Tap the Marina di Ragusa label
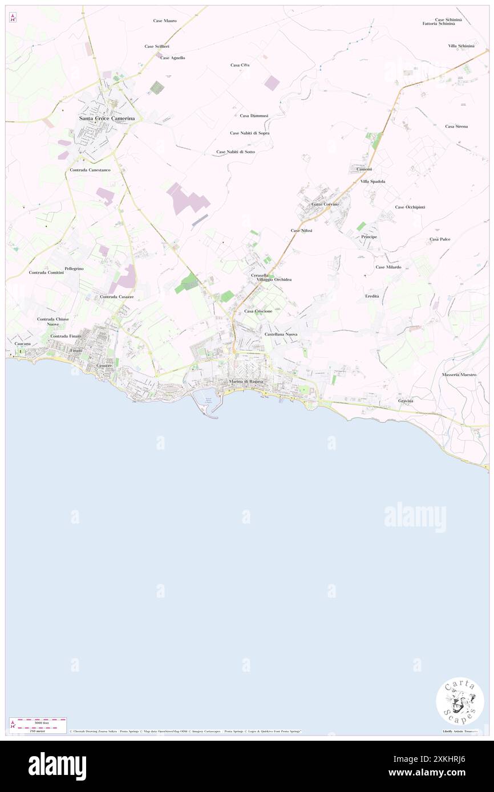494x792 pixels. (x=245, y=381)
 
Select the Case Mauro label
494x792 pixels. (x=165, y=21)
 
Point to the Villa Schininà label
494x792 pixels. (x=461, y=46)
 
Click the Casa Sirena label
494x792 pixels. (x=456, y=126)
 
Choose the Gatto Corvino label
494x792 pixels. (x=325, y=204)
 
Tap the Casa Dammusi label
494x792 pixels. (x=254, y=116)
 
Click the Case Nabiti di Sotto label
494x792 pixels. (x=236, y=152)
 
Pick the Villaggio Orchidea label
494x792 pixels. (x=274, y=280)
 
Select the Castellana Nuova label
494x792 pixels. (x=281, y=334)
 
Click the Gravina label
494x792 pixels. (x=406, y=401)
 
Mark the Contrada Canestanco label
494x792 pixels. (x=90, y=170)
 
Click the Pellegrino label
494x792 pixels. (x=74, y=268)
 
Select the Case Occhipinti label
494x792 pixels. (x=410, y=207)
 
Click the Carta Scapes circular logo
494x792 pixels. (x=460, y=701)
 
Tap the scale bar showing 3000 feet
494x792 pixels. (x=38, y=722)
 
